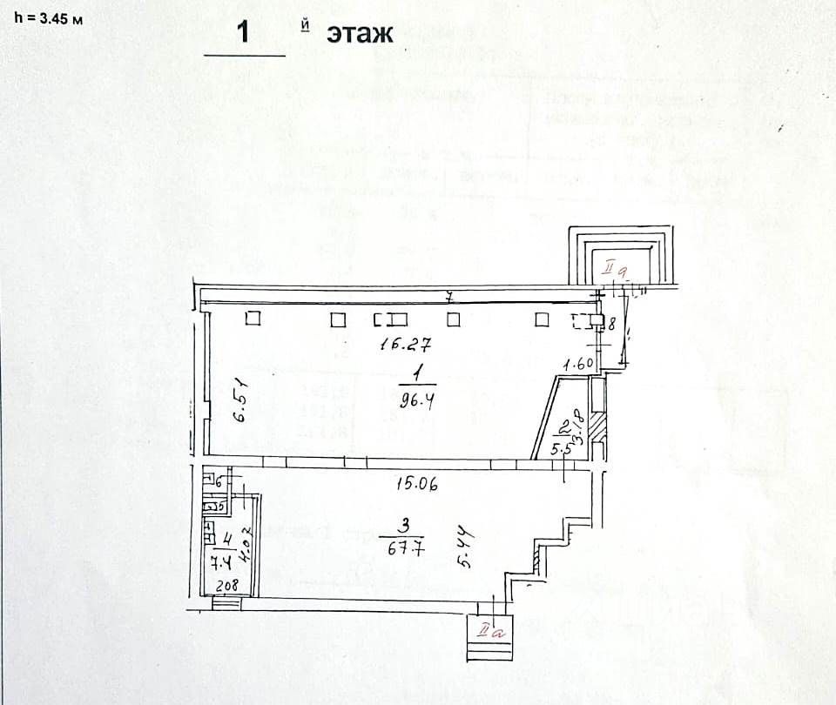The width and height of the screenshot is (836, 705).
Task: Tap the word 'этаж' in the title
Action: (361, 34)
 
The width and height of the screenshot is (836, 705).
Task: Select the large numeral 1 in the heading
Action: (245, 34)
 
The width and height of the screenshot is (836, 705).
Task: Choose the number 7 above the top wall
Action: (448, 298)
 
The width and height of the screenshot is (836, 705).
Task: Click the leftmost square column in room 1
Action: (253, 319)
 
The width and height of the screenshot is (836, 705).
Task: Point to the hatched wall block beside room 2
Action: (598, 428)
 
